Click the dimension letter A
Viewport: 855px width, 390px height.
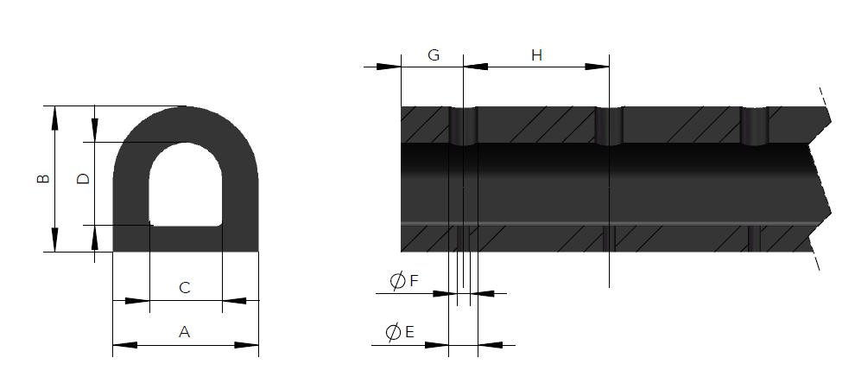184,330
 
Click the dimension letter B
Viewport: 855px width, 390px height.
42,179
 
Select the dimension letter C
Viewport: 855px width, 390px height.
184,287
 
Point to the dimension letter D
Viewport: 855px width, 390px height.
83,179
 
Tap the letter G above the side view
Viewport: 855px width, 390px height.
434,55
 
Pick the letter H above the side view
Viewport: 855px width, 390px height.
536,55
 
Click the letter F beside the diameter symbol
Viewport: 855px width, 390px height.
414,281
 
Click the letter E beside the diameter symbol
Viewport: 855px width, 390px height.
409,332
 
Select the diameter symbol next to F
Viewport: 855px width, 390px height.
397,281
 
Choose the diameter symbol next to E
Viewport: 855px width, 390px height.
392,332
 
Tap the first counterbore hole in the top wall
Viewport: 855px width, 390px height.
463,125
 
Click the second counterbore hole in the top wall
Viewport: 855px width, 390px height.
609,125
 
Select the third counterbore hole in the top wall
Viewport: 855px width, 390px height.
754,125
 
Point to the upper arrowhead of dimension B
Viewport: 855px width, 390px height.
55,118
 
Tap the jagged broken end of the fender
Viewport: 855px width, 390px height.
821,182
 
